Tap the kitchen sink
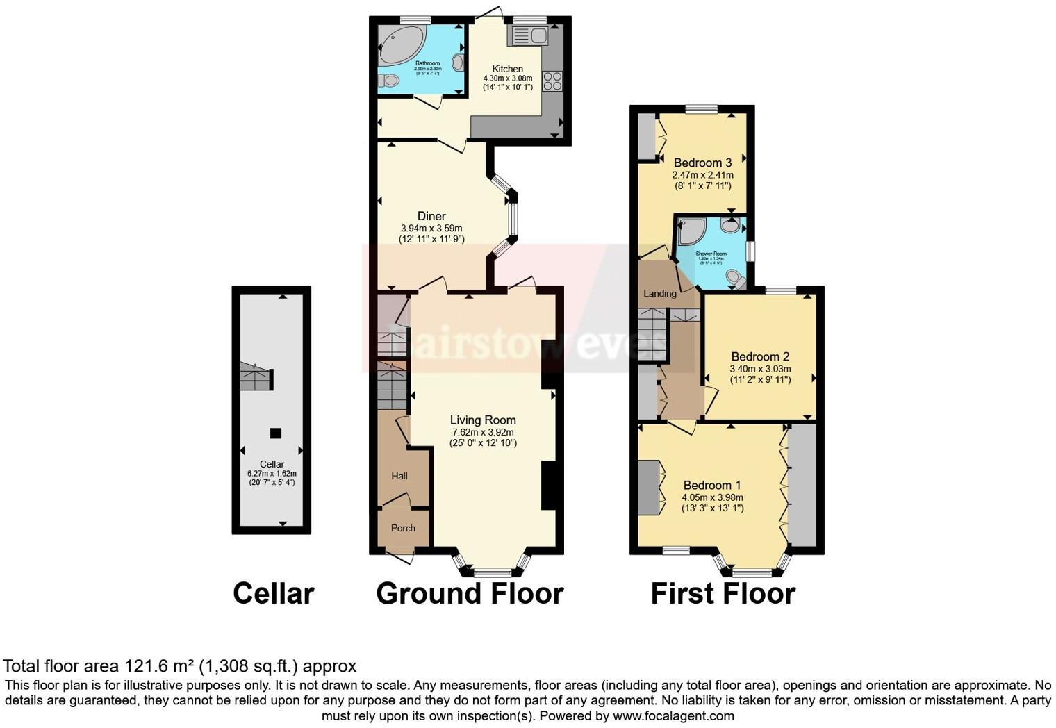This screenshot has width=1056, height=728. (x=528, y=35)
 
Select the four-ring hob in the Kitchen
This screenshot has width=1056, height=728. (x=552, y=81)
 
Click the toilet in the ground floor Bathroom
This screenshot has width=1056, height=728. (x=389, y=81)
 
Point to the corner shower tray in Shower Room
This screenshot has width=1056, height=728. (x=691, y=231)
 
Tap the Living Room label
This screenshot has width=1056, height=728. (x=483, y=420)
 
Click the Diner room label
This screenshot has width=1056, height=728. (x=431, y=217)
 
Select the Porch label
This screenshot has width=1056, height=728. (x=403, y=528)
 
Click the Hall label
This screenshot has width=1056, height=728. (x=399, y=477)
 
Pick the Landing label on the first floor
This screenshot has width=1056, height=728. (x=660, y=294)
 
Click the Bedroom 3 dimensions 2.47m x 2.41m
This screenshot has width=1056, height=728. (x=702, y=175)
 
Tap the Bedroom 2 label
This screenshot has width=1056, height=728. (x=760, y=357)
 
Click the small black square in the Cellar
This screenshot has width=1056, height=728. (x=275, y=433)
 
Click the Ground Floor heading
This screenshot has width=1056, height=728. (x=470, y=594)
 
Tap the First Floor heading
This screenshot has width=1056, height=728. (x=723, y=594)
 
